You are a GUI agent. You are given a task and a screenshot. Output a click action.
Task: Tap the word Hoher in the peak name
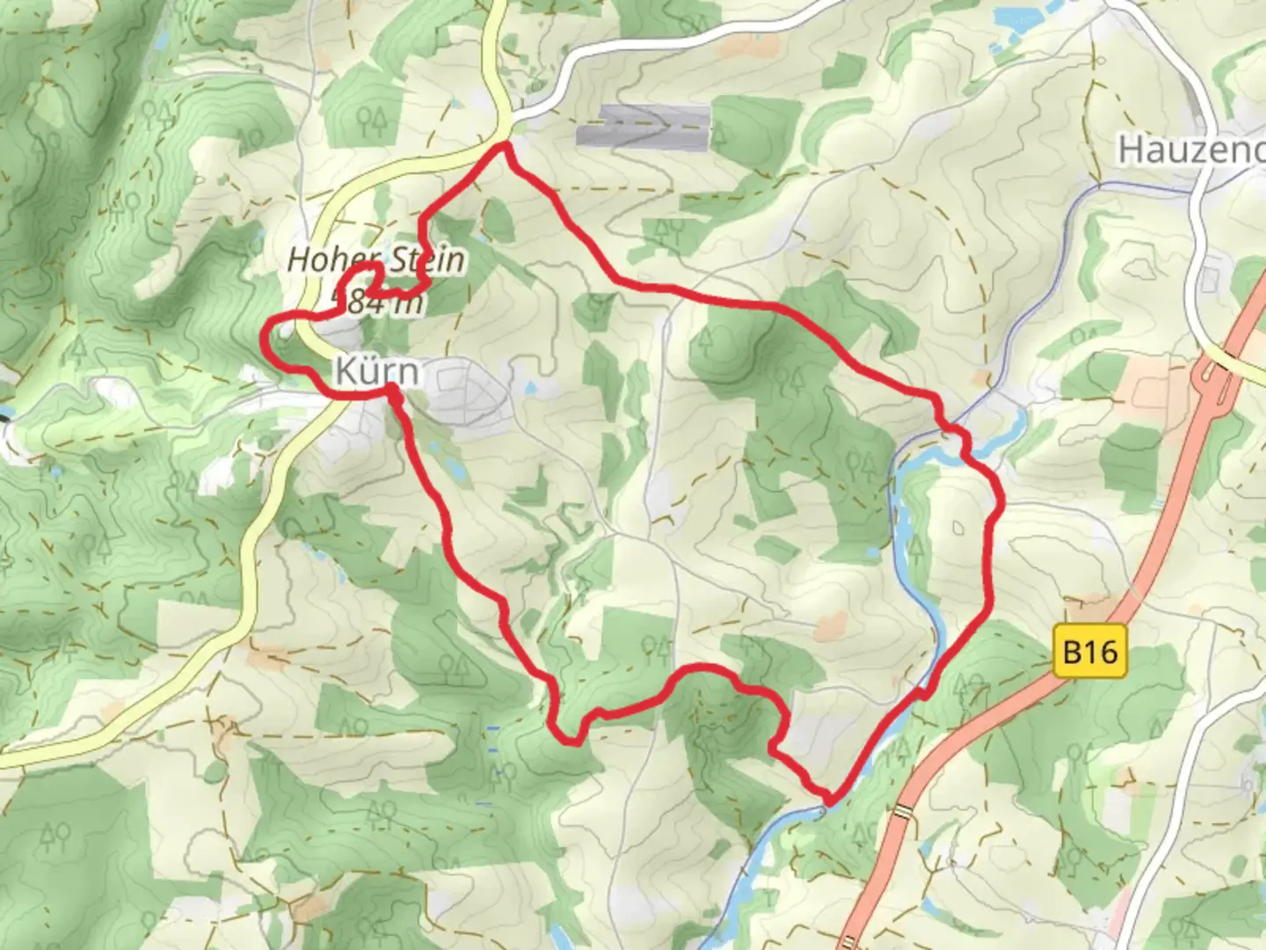click(325, 259)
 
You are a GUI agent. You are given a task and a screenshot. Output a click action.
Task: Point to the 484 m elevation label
click(378, 303)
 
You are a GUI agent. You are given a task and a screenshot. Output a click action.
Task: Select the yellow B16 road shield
click(1090, 652)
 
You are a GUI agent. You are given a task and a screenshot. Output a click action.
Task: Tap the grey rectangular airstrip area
click(643, 126)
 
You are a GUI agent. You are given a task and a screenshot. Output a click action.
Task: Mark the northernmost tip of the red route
click(505, 146)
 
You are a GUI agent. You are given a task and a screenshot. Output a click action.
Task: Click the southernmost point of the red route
click(828, 800)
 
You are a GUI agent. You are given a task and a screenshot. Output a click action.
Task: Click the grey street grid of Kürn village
click(466, 391)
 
